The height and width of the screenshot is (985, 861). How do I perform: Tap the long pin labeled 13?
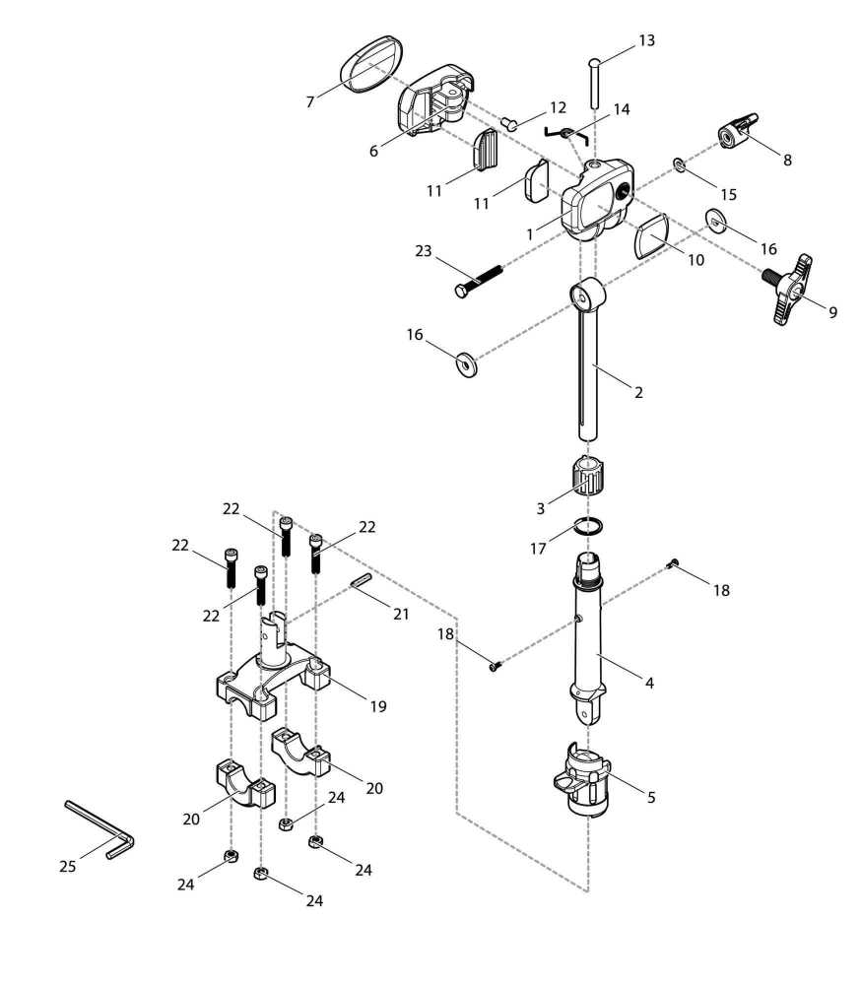tap(595, 85)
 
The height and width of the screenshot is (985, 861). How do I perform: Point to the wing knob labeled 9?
tap(794, 291)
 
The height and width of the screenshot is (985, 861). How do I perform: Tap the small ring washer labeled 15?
tap(680, 164)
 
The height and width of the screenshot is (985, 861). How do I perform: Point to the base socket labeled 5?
tap(586, 781)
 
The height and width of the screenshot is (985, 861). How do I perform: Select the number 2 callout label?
tap(638, 392)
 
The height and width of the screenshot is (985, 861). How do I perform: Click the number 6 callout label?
tap(373, 151)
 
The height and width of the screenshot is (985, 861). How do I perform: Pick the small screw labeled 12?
tap(511, 123)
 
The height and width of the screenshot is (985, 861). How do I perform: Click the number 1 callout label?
tap(530, 234)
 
